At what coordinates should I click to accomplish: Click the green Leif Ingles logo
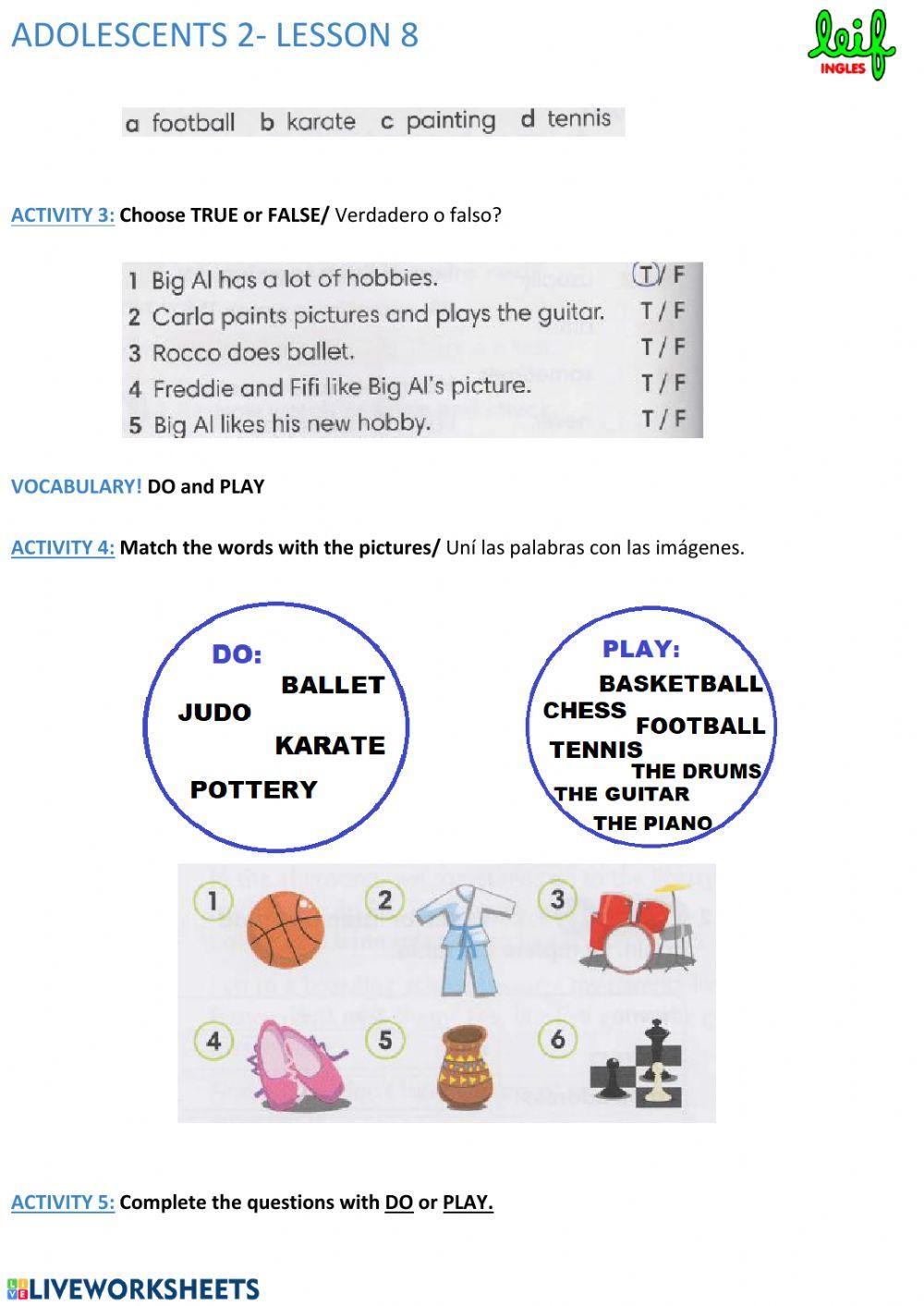pyautogui.click(x=851, y=44)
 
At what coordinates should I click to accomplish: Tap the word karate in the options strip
pyautogui.click(x=320, y=122)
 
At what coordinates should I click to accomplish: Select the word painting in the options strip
pyautogui.click(x=450, y=121)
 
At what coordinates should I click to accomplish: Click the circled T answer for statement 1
pyautogui.click(x=645, y=275)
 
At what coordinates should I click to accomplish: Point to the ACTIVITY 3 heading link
pyautogui.click(x=63, y=215)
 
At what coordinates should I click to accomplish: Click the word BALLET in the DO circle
pyautogui.click(x=333, y=685)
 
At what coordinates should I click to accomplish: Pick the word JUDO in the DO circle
pyautogui.click(x=214, y=713)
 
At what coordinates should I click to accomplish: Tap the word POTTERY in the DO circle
pyautogui.click(x=253, y=789)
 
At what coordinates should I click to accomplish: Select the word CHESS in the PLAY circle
pyautogui.click(x=584, y=711)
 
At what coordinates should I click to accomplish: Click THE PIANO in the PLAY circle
pyautogui.click(x=652, y=823)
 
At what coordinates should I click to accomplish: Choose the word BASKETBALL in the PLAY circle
pyautogui.click(x=681, y=684)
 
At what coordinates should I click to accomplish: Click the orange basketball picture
pyautogui.click(x=286, y=926)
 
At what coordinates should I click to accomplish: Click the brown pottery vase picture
pyautogui.click(x=464, y=1068)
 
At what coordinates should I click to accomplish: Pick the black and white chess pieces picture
pyautogui.click(x=638, y=1065)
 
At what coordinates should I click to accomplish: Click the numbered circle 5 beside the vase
pyautogui.click(x=385, y=1040)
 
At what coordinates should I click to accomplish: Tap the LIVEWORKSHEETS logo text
pyautogui.click(x=134, y=1289)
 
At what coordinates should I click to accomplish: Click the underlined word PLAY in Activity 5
pyautogui.click(x=467, y=1202)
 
